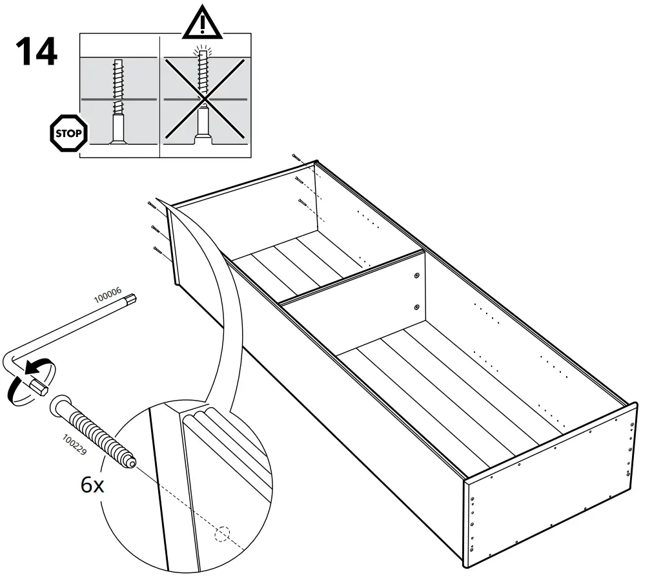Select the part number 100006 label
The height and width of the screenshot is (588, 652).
(x=108, y=297)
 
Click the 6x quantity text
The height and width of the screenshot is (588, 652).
(x=92, y=485)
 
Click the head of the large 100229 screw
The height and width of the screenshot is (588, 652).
(x=59, y=405)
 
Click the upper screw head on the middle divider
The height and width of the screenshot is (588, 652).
(x=416, y=276)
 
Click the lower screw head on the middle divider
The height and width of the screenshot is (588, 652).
(x=416, y=306)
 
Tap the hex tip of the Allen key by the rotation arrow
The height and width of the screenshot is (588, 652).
(x=37, y=386)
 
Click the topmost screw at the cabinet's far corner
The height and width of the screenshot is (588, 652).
(x=296, y=156)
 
